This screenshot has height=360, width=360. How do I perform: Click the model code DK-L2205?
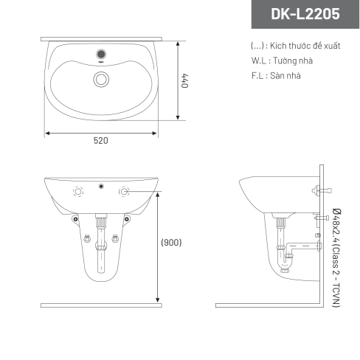coord(305,13)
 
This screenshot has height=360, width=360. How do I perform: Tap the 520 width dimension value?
coord(101,141)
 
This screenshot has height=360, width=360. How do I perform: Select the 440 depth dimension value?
coord(184,80)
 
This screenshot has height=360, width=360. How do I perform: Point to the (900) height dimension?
coord(171,243)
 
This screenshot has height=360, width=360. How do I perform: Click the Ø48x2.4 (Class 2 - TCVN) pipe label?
coord(336,258)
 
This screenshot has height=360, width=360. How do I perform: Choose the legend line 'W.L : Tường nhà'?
coord(282,60)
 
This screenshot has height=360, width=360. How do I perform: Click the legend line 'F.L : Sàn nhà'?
coord(276,75)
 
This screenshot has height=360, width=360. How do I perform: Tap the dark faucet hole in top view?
coord(101,54)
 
